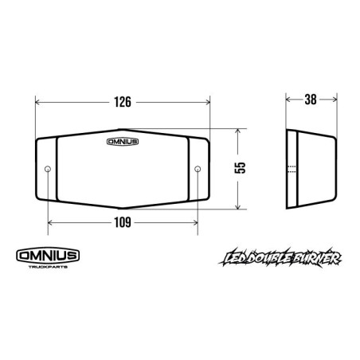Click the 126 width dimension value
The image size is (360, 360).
pos(122,102)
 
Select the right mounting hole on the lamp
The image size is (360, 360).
pos(197,169)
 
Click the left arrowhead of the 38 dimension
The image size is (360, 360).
pos(288,101)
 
